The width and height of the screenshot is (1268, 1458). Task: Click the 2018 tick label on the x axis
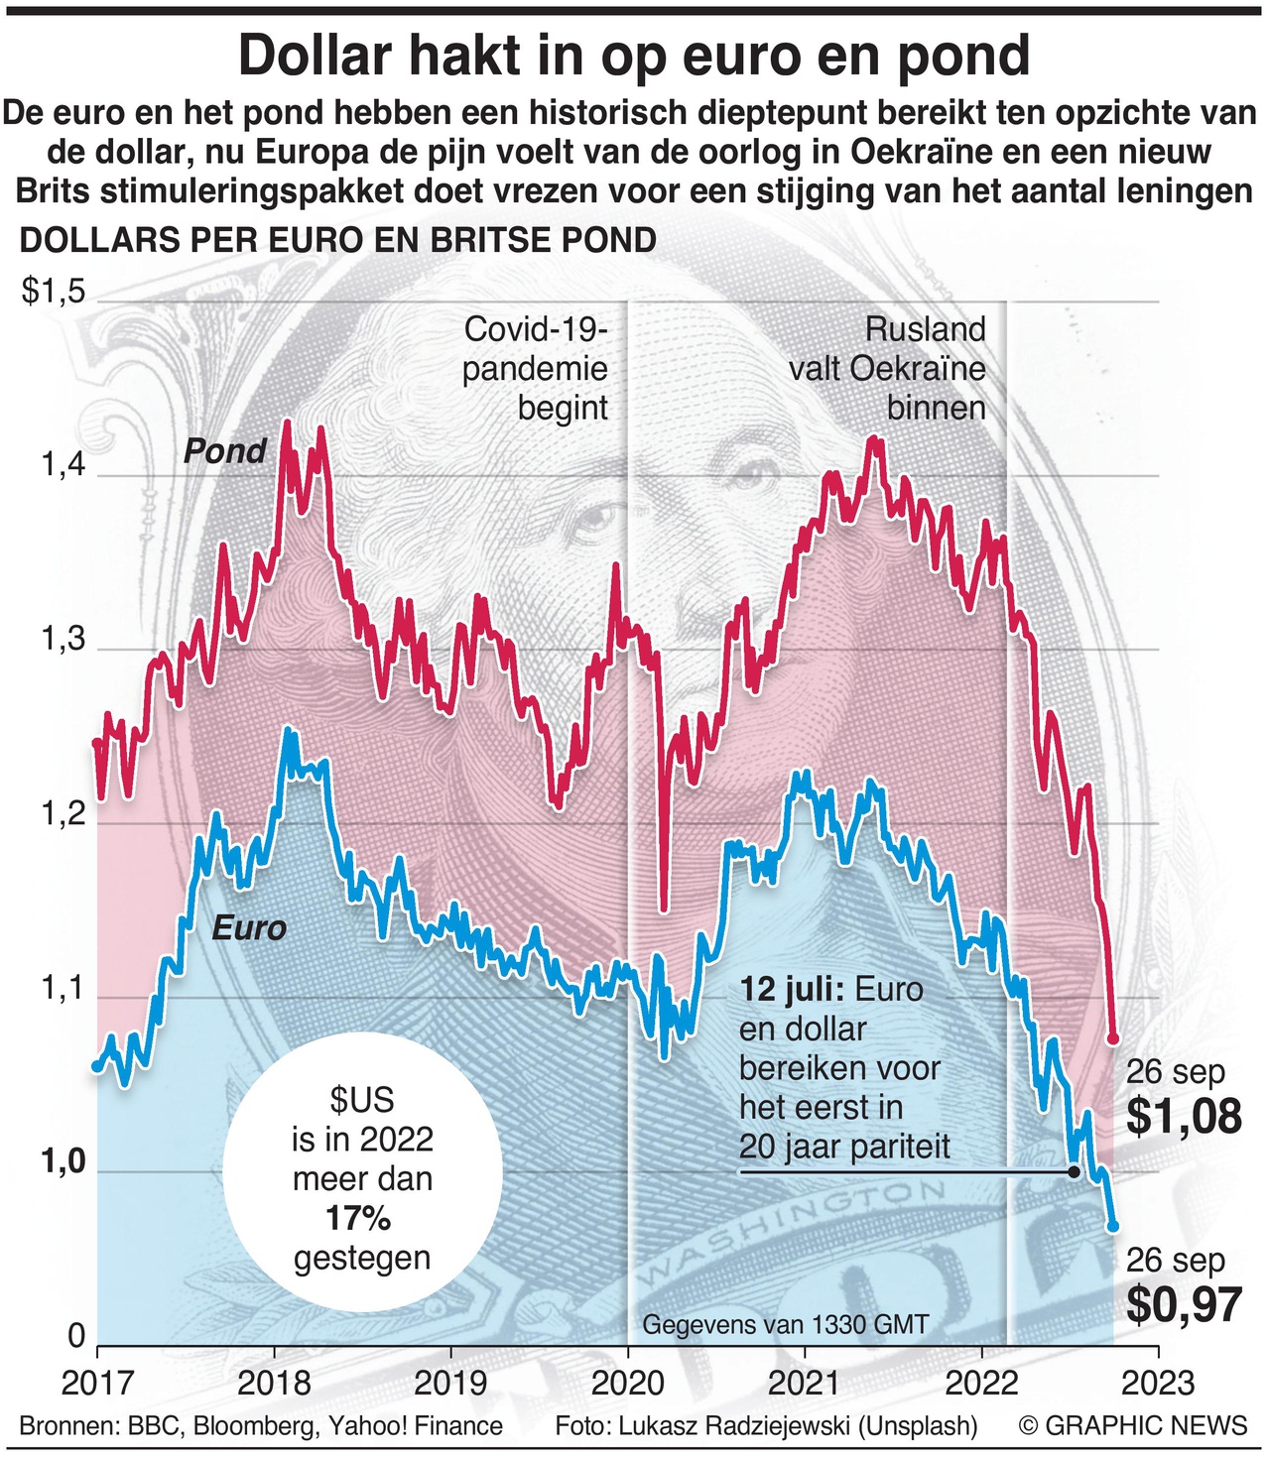(275, 1382)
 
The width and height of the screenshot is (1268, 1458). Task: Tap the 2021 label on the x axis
(804, 1382)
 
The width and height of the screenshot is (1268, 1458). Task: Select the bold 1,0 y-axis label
(64, 1162)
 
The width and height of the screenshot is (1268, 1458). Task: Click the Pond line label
(225, 452)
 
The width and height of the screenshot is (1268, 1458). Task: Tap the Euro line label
(249, 928)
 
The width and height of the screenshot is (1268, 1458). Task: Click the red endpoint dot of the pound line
(1112, 1038)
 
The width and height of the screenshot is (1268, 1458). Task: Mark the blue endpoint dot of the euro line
(1112, 1226)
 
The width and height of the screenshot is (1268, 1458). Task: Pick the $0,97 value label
(1184, 1305)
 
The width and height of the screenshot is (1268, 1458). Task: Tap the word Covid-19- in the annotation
(536, 329)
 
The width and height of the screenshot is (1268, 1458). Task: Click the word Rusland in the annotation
(925, 329)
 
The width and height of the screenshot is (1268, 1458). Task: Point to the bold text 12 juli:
(791, 990)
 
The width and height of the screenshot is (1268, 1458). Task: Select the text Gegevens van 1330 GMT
(785, 1324)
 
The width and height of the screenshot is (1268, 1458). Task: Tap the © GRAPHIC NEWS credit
(1132, 1426)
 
